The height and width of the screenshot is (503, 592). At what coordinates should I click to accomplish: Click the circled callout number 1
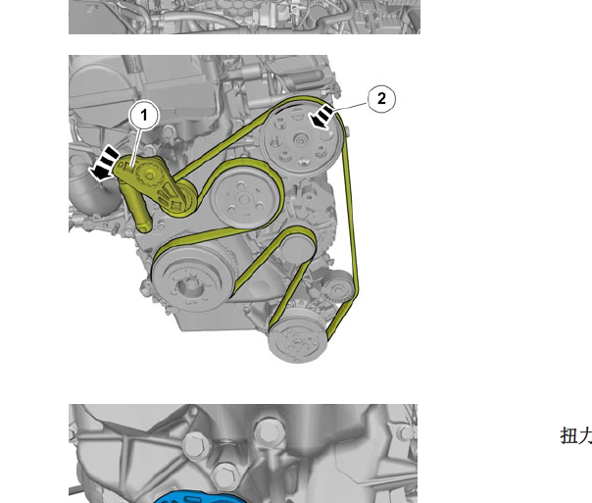click(144, 115)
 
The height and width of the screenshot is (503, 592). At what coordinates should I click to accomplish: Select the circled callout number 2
click(381, 99)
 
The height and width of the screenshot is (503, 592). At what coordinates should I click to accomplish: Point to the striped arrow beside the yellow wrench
click(104, 164)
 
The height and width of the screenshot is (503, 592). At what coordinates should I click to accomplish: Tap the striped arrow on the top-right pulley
click(321, 117)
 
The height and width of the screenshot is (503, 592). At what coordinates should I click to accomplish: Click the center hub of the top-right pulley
click(301, 141)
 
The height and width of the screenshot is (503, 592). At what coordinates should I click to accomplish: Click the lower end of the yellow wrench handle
click(145, 227)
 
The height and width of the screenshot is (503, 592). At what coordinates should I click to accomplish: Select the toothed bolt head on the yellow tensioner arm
click(148, 175)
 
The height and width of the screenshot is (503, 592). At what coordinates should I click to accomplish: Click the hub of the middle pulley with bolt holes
click(244, 199)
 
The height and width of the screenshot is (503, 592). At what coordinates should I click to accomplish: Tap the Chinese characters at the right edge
click(575, 435)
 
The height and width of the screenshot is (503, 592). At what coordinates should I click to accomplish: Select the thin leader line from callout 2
click(350, 106)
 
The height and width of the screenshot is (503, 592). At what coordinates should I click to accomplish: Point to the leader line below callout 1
click(136, 147)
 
